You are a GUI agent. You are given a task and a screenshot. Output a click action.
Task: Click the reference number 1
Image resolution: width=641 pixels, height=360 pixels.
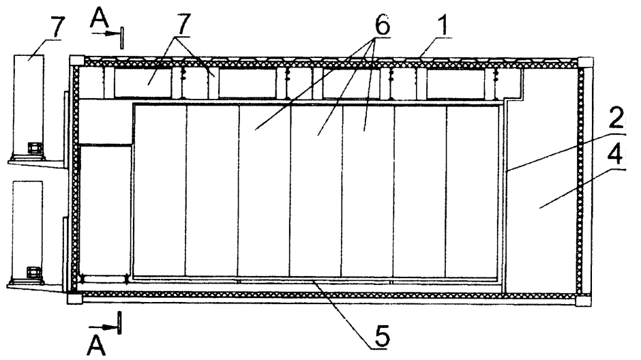pos(441,25)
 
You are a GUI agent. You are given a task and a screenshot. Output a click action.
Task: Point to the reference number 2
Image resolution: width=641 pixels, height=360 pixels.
pos(615,119)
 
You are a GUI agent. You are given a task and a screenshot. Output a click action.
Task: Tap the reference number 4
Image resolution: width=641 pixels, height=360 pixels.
pos(615,155)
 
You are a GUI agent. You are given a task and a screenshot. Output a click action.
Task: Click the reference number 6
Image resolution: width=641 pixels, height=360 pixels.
pos(381,25)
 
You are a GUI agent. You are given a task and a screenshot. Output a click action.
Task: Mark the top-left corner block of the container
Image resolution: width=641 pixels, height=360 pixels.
pos(76,61)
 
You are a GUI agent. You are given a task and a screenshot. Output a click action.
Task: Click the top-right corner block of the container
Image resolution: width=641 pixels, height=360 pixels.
pos(585,62)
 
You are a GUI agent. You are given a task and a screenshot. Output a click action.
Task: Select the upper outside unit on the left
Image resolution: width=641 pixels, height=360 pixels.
pos(29,107)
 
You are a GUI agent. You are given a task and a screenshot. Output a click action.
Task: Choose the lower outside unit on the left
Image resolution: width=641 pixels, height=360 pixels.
pos(28,232)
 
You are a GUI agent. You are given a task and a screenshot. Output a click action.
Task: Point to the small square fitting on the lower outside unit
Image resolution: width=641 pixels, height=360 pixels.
pos(32,272)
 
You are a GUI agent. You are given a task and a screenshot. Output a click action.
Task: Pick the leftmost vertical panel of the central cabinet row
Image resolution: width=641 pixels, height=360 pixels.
pos(160,190)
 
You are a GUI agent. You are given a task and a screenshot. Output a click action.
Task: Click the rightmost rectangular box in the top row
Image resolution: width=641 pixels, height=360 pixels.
pos(457,84)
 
